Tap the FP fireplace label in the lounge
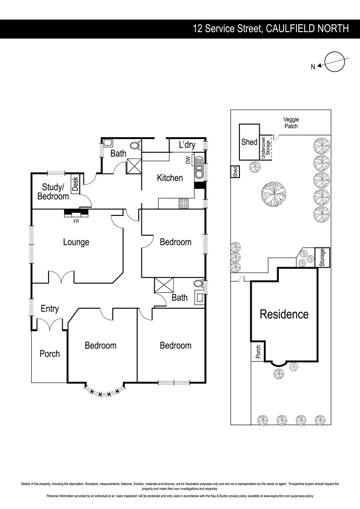tap(76, 221)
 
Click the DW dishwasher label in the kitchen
tap(188, 161)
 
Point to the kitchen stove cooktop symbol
tap(183, 204)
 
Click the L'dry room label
tap(187, 145)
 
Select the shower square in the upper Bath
tap(133, 166)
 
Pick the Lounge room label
tap(76, 242)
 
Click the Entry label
tap(49, 309)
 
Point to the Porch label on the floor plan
tap(49, 353)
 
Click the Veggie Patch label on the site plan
tap(291, 123)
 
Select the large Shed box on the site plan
tap(249, 142)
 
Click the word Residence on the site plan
tap(284, 314)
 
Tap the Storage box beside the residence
tap(322, 258)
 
